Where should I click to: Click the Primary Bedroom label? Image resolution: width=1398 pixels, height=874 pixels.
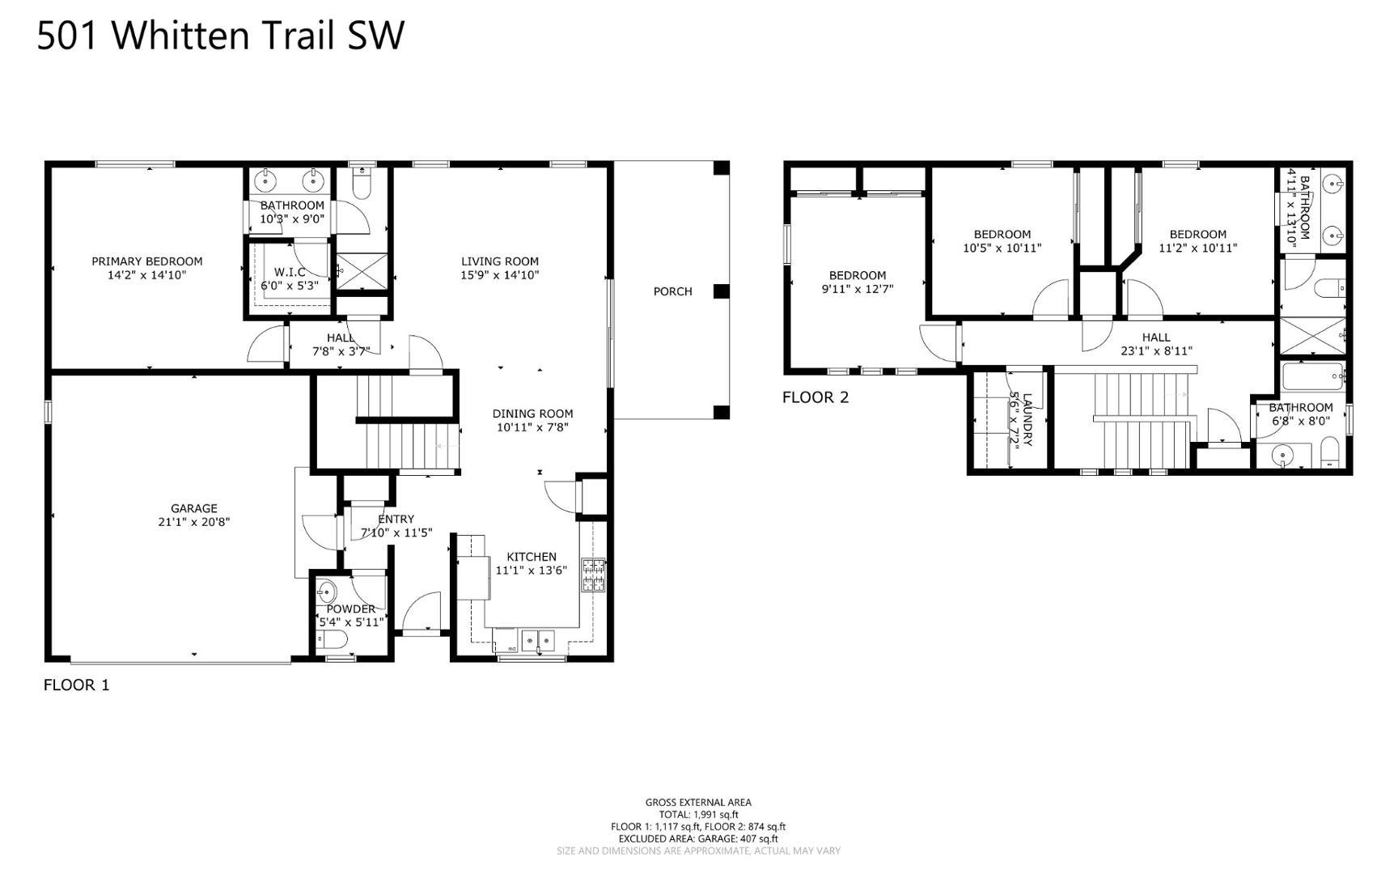coord(146,261)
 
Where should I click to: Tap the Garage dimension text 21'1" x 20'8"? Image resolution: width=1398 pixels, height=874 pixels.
coord(193,522)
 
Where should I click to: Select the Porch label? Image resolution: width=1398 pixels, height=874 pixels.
coord(672,291)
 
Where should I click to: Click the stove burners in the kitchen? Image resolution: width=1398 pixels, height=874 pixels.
coord(593,575)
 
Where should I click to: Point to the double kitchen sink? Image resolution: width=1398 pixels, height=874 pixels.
coord(537,642)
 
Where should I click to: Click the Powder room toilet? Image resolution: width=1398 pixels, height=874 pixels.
coord(333,642)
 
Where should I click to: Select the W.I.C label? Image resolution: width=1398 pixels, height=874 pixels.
coord(289,273)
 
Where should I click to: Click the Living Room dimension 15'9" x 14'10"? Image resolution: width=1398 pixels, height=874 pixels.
coord(499,275)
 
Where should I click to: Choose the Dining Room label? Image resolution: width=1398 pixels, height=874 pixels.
coord(532,414)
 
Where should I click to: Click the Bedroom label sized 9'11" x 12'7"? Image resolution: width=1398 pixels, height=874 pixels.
coord(857,275)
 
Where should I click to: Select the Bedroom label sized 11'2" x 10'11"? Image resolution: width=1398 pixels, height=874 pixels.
coord(1197,235)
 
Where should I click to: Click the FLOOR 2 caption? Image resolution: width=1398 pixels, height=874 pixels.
coord(815,397)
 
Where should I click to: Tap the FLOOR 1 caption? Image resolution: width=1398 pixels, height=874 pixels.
coord(76,685)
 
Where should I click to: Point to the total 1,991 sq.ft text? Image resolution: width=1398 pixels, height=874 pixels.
coord(698,815)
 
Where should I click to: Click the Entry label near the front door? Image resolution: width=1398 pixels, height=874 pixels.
coord(396,520)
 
